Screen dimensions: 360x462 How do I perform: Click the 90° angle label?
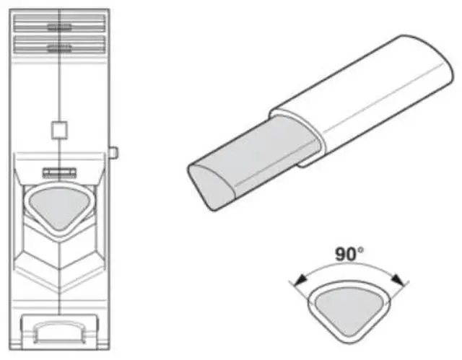tap(349, 255)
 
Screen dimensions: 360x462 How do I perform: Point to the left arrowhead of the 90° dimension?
tap(296, 281)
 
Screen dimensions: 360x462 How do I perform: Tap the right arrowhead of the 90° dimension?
tap(399, 279)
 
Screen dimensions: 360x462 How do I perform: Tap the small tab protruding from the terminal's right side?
tap(114, 152)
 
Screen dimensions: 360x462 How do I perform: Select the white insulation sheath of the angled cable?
tap(361, 101)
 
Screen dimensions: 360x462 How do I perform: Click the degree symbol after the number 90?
tap(361, 249)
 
